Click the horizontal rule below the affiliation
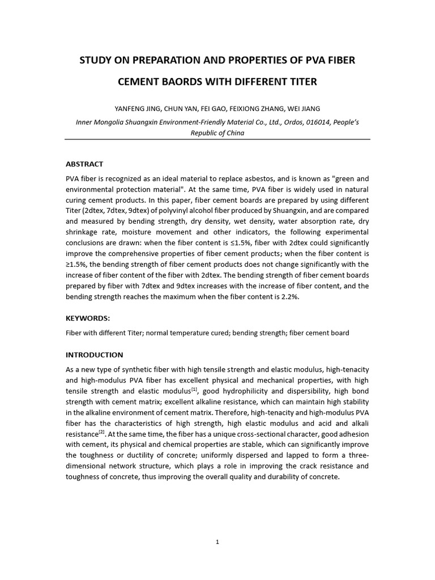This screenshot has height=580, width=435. [218, 139]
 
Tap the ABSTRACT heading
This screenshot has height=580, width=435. [84, 164]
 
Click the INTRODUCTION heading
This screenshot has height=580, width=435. [94, 355]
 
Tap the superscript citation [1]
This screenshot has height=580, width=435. [194, 389]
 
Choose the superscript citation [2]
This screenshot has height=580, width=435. [101, 432]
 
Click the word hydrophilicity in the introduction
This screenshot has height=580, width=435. [238, 391]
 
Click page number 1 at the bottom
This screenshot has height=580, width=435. [217, 542]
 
